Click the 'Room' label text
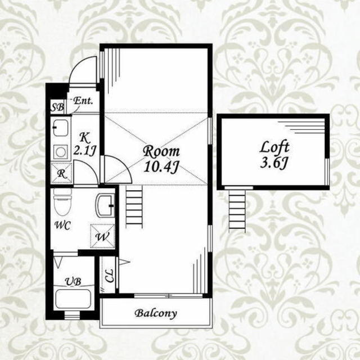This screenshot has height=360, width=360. click(161, 151)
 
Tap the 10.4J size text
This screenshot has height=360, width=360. click(161, 166)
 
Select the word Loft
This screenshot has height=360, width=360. click(274, 147)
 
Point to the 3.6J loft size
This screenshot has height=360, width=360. click(274, 163)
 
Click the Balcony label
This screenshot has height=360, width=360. click(156, 313)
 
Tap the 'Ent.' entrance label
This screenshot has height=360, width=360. click(83, 101)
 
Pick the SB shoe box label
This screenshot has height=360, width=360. click(57, 107)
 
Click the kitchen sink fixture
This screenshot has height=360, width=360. click(61, 128)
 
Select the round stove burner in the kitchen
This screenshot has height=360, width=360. click(61, 152)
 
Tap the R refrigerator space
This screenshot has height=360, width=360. click(61, 174)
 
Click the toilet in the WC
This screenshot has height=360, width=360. click(62, 202)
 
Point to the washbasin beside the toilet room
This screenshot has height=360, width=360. click(105, 206)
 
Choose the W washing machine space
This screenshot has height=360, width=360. click(102, 236)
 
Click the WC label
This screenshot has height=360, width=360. click(62, 225)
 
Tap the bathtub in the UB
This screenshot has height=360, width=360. click(73, 299)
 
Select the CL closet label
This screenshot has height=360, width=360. click(109, 276)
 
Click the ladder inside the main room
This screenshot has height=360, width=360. click(134, 206)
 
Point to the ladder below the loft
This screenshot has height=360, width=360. click(237, 211)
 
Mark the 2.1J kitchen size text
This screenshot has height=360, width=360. click(85, 150)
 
